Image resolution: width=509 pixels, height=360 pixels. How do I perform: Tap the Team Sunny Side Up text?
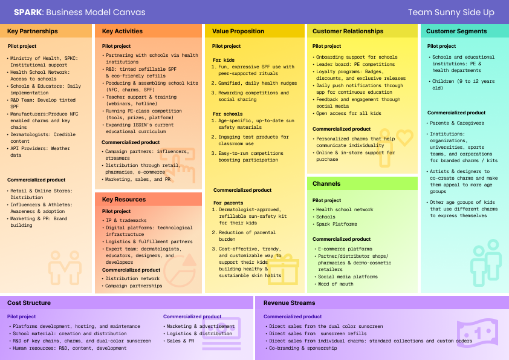coord(451,12)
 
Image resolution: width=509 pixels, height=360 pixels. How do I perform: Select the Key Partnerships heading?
coord(33,31)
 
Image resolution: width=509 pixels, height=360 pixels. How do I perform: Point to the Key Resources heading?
coord(123,200)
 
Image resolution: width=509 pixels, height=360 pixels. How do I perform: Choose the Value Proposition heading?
coord(238,31)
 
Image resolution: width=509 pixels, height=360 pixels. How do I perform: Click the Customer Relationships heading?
coord(348,31)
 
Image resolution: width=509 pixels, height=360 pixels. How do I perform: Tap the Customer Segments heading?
coord(456,31)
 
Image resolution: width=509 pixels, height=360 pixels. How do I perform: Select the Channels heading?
coord(326,184)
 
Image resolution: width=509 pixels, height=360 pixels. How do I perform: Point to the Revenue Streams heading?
coord(289,303)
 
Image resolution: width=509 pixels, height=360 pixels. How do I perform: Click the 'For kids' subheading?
coord(224,60)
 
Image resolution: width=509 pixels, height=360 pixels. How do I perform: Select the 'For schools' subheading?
coord(227,114)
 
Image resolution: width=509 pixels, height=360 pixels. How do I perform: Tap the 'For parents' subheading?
coord(228,203)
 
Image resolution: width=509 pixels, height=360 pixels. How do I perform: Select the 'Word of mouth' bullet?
coord(335,284)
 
